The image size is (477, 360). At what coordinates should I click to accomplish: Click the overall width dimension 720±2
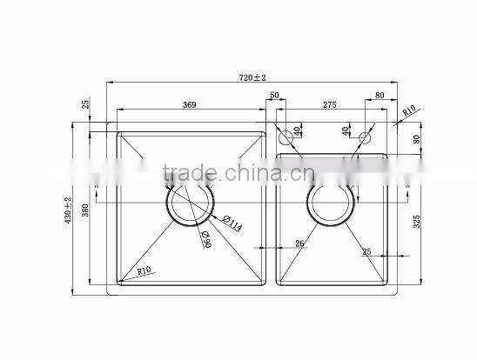pos(252,78)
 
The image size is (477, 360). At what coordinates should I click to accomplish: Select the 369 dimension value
pos(190,105)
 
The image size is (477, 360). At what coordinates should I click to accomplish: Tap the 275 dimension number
pos(329,105)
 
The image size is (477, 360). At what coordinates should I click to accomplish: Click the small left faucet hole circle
pos(285,137)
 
